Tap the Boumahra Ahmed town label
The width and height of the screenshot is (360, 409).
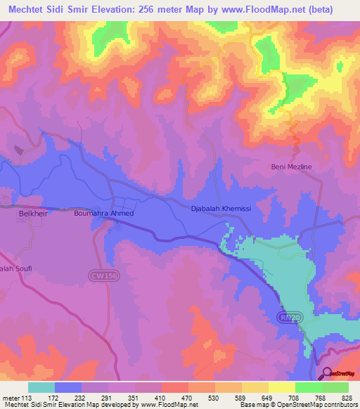click(x=103, y=213)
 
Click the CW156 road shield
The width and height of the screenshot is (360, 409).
click(x=101, y=277)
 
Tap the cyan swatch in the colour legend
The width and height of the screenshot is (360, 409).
click(x=41, y=387)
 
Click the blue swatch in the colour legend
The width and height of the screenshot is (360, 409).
click(x=68, y=387)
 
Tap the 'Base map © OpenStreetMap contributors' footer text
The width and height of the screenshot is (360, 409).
click(x=300, y=405)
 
